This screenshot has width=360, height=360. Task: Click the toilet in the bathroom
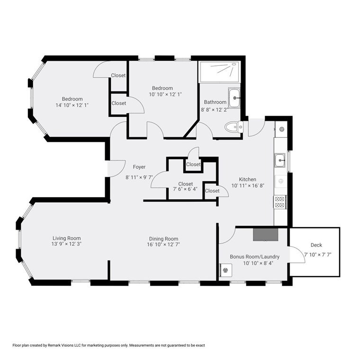[x=234, y=126]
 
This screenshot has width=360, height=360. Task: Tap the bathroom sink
[x=234, y=98]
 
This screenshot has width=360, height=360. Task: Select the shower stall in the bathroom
[x=219, y=72]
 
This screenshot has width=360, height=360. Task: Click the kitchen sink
[x=280, y=160]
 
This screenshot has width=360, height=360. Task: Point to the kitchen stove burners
[x=279, y=202]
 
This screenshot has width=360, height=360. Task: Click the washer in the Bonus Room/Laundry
[x=225, y=270]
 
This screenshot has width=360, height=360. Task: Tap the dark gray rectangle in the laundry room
[x=265, y=234]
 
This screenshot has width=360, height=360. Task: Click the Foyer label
[x=139, y=167]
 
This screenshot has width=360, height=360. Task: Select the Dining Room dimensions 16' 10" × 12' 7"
[x=163, y=244]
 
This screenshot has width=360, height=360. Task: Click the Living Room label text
[x=67, y=238]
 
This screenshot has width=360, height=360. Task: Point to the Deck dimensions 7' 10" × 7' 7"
[x=318, y=255]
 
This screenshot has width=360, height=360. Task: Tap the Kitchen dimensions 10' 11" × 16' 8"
[x=248, y=186]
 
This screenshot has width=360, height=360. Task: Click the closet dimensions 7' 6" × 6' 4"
[x=185, y=189]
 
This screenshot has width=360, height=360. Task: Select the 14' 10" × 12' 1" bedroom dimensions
[x=72, y=105]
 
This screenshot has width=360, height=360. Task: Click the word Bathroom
[x=215, y=102]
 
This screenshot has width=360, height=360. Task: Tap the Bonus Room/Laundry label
[x=255, y=257]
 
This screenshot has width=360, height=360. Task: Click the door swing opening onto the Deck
[x=297, y=254]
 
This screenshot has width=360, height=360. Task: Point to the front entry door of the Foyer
[x=117, y=169]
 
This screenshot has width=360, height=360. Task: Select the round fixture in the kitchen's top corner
[x=281, y=129]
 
